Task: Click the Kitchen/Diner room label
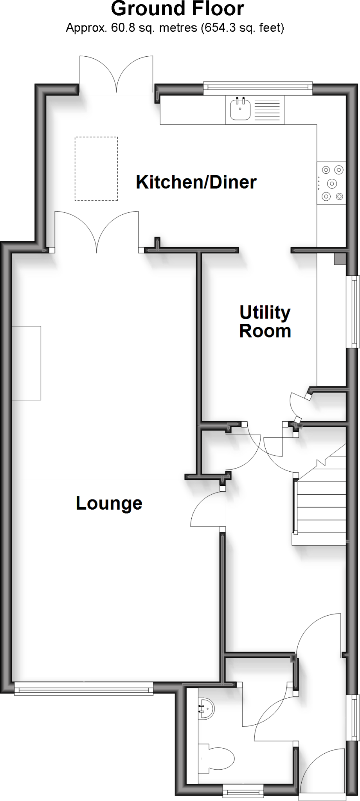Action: [196, 182]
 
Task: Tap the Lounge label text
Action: [109, 503]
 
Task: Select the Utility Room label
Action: [265, 321]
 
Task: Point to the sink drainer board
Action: [268, 110]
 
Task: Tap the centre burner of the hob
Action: [332, 183]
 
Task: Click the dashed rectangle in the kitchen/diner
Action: [96, 169]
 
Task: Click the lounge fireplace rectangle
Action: [26, 363]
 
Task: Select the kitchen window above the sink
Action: [258, 88]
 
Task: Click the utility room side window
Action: [354, 311]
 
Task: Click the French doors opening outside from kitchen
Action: [116, 74]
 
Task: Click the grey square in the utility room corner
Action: [340, 259]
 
